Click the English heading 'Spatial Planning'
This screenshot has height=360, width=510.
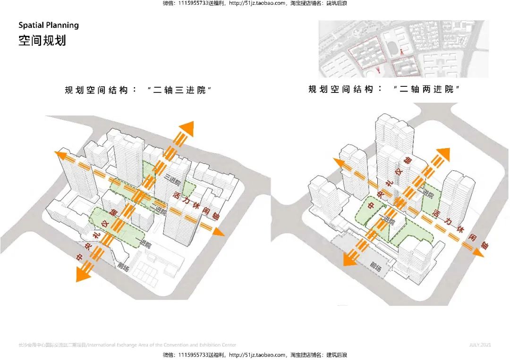coord(49,25)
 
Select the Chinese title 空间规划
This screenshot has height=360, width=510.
coord(42,40)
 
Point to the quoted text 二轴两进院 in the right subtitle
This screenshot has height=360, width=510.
coord(426,89)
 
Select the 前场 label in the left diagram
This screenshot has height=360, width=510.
coord(124,267)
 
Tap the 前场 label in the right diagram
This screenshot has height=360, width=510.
coord(376,267)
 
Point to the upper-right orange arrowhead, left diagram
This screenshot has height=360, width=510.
coord(187,128)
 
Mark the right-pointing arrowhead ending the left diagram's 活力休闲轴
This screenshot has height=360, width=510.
coord(218,233)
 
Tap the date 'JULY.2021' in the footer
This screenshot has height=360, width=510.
coord(480,345)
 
